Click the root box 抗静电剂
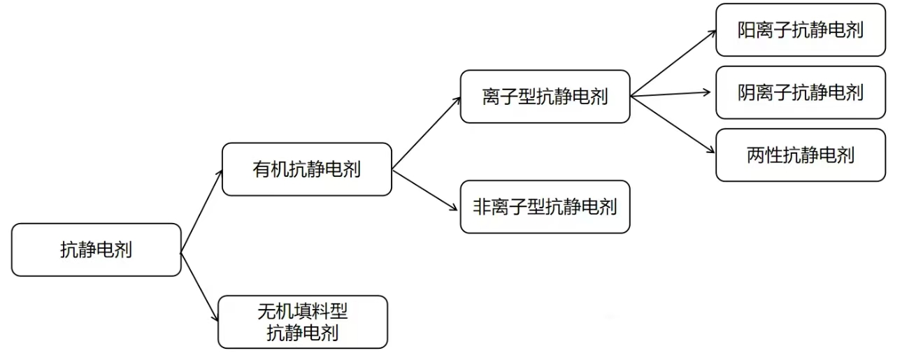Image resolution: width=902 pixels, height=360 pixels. click(96, 250)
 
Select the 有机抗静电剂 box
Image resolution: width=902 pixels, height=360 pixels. click(306, 169)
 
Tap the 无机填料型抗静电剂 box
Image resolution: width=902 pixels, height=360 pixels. click(302, 322)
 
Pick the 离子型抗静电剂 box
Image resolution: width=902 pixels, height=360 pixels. click(545, 96)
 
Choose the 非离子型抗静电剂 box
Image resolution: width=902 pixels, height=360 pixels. click(545, 206)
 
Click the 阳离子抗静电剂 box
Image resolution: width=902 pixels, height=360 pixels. click(800, 30)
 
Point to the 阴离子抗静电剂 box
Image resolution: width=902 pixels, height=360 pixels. click(800, 92)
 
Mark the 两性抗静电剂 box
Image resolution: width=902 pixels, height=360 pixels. click(800, 154)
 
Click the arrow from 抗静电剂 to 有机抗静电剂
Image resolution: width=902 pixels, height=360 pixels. click(201, 210)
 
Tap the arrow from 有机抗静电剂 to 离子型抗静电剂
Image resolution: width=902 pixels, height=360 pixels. click(427, 133)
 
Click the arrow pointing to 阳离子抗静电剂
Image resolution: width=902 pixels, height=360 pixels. click(673, 64)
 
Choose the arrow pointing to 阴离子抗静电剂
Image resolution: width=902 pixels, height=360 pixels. click(673, 94)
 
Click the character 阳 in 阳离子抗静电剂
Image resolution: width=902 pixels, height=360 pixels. click(745, 30)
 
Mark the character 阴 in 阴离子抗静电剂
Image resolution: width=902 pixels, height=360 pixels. click(745, 92)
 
